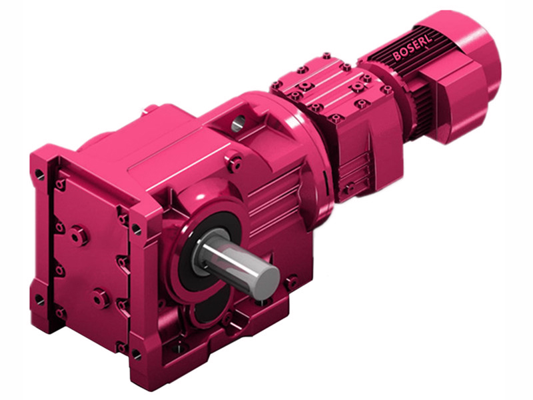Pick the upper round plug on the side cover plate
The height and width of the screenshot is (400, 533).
[x=78, y=235]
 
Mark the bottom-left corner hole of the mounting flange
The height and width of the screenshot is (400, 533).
[x=40, y=299]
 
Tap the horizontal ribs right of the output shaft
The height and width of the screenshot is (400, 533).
[x=266, y=200]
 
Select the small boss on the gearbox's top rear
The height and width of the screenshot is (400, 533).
[x=151, y=108]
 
